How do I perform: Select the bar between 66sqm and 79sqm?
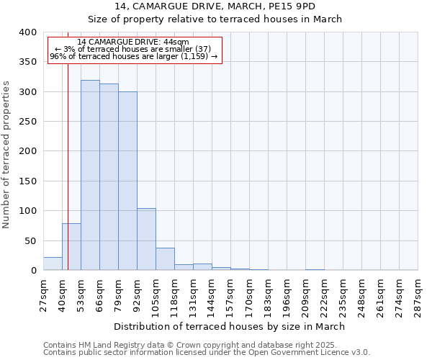109,177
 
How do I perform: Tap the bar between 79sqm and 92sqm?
127,181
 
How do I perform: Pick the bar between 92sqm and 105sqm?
146,239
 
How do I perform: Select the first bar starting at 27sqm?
53,264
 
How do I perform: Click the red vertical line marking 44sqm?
68,166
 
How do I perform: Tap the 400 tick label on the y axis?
27,32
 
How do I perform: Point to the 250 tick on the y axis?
27,122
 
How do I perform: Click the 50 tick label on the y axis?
30,240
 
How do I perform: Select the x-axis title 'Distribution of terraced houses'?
230,326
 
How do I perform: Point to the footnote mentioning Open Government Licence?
207,353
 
